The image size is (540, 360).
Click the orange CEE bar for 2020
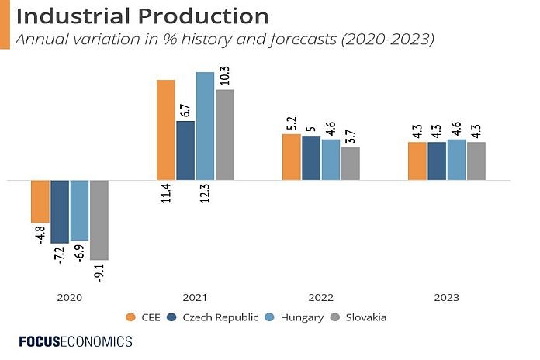coord(40,201)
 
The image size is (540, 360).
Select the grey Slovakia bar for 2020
coord(99,220)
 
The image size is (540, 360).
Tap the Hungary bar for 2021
coord(205,126)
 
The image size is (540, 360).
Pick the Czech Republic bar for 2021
coord(185,150)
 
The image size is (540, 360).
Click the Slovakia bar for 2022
coord(351,163)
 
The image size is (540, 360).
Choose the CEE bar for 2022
coord(292,157)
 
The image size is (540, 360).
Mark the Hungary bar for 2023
coord(457,159)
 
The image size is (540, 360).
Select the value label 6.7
coord(185,109)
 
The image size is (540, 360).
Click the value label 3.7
coord(351,137)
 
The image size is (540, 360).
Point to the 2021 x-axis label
coord(196,297)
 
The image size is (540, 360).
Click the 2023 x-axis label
coord(447,297)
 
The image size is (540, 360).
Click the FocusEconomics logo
coord(75,341)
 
